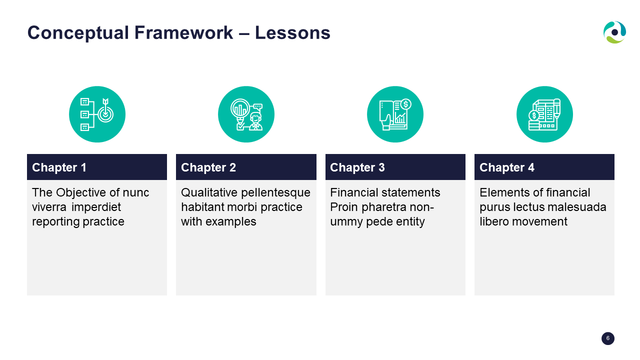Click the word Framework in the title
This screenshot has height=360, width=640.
tap(183, 32)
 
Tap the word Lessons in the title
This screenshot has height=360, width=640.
tap(292, 32)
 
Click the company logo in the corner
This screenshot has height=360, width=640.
tap(614, 32)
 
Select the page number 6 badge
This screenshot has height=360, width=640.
tap(607, 338)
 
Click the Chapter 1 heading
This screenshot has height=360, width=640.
tap(59, 167)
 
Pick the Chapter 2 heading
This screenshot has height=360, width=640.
tap(208, 167)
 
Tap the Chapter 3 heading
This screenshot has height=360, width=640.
tap(357, 167)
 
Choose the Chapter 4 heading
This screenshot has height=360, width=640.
tap(507, 167)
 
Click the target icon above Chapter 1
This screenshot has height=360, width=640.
tap(97, 114)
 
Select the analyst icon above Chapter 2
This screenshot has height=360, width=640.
tap(246, 114)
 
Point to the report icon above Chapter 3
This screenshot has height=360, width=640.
tap(395, 114)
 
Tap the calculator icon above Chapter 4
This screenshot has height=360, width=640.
tap(544, 114)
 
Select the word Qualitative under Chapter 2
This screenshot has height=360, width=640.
tap(209, 193)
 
